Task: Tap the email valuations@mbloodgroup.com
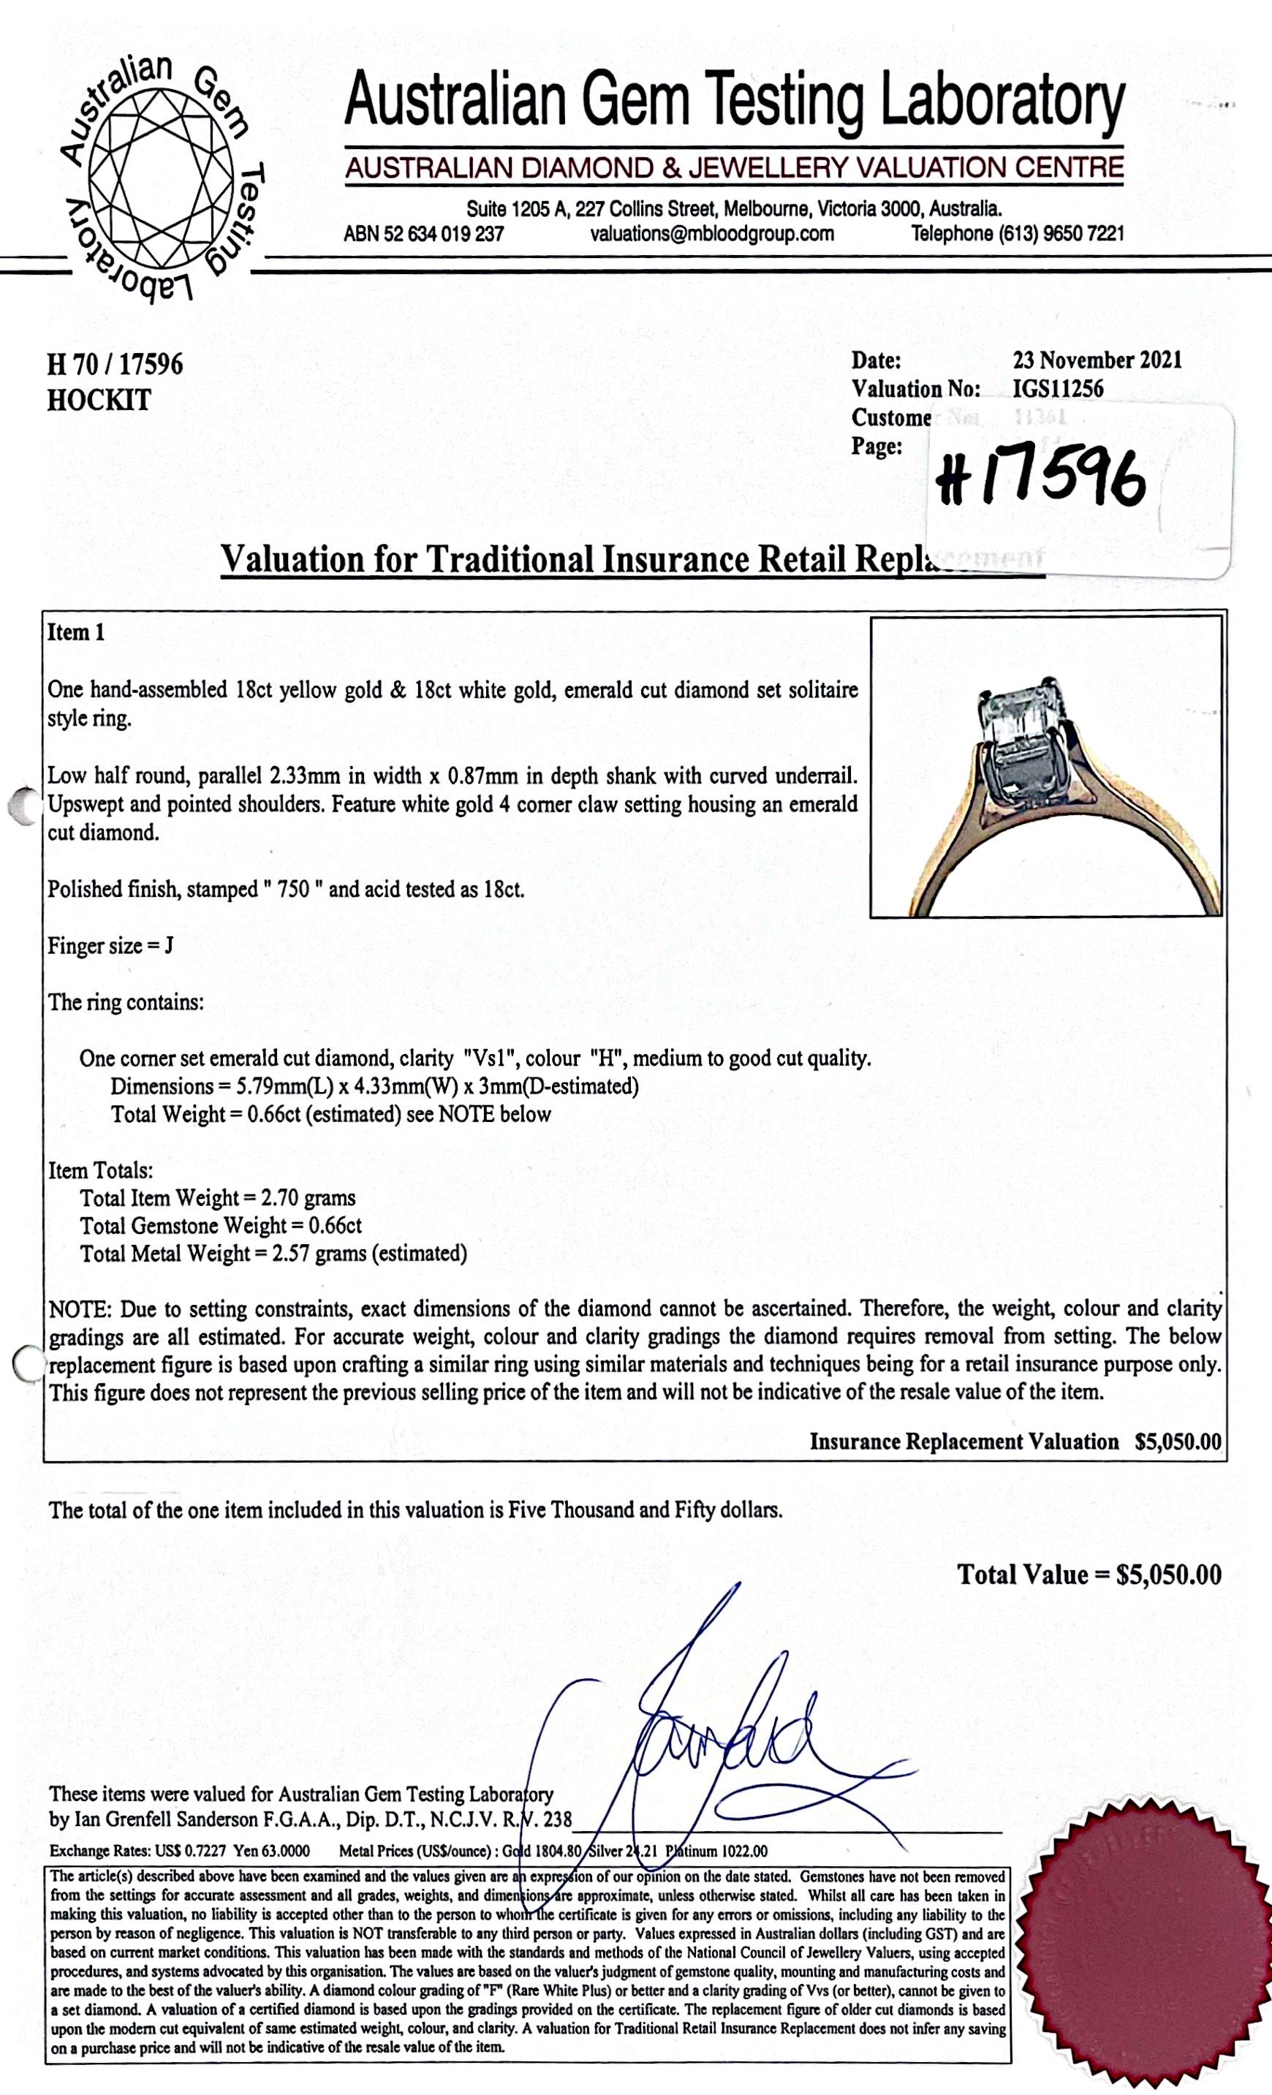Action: point(712,234)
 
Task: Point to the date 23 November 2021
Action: point(1097,360)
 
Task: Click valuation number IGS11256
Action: point(1058,390)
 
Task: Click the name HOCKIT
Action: point(99,400)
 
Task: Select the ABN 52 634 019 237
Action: point(423,234)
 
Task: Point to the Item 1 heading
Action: point(76,632)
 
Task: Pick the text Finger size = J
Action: point(110,945)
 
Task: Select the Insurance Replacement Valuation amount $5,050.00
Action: point(1178,1442)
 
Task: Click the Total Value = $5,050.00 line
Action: point(1089,1575)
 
